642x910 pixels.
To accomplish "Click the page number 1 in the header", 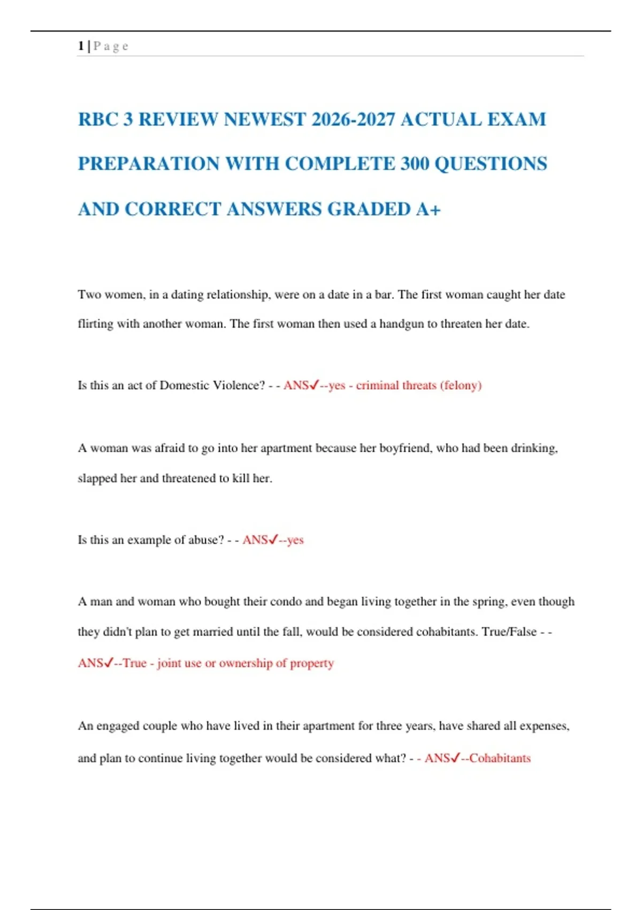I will [x=81, y=46].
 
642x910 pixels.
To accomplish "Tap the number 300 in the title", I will [x=415, y=164].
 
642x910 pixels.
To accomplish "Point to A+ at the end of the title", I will [x=429, y=209].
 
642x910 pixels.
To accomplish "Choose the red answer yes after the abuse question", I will [x=295, y=540].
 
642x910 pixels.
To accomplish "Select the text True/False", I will [x=509, y=632].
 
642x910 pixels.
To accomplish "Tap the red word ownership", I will [x=246, y=663].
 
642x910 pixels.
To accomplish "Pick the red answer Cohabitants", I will [x=500, y=759].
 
